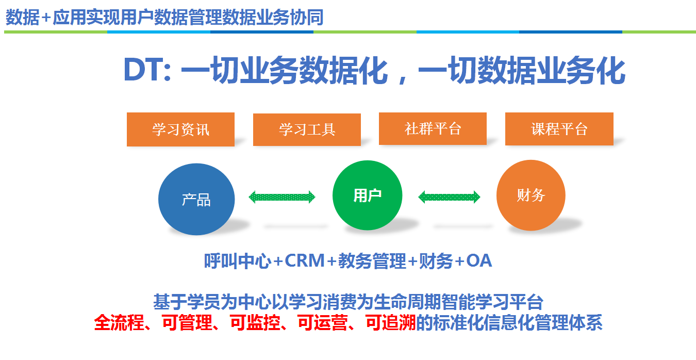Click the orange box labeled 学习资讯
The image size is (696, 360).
coord(180,129)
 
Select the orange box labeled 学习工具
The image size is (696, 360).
coord(307,129)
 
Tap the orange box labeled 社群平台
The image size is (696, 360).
coord(433,128)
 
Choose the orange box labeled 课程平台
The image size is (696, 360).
coord(559,129)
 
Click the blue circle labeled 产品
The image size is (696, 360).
coord(196,199)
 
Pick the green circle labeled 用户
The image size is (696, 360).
coord(367,195)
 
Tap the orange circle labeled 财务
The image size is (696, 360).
coord(531,195)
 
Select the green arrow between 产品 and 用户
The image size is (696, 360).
coord(282,197)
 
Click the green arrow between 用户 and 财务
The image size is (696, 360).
coord(449,197)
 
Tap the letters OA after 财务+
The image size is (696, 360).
coord(479,261)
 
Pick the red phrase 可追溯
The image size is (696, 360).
coord(390,323)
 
